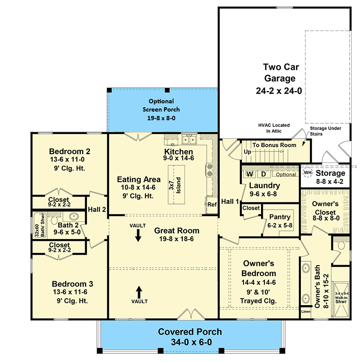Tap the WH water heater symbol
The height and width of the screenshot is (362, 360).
307,173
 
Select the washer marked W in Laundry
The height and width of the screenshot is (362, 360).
249,174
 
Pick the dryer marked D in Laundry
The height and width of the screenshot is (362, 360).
264,174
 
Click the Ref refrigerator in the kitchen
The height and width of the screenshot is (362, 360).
212,205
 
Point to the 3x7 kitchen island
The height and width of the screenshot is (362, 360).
176,185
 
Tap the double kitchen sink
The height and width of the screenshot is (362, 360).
189,140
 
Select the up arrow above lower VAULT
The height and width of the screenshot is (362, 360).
139,292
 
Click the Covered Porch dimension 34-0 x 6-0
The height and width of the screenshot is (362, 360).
192,342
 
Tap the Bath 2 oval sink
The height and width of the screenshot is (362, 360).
74,217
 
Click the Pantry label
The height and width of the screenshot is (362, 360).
280,217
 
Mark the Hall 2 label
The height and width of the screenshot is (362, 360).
97,210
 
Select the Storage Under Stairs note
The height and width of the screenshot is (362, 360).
325,131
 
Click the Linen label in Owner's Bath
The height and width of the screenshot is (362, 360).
306,312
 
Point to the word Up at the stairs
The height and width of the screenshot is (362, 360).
248,152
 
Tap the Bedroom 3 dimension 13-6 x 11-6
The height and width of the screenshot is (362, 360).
70,292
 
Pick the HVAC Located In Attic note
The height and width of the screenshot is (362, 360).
274,128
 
